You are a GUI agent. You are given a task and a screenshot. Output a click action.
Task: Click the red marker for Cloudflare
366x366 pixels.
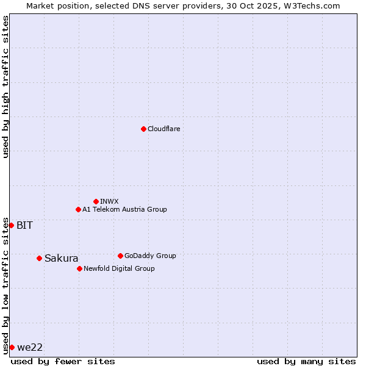pos(143,129)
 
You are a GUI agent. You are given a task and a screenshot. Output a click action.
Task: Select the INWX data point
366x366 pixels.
pos(96,201)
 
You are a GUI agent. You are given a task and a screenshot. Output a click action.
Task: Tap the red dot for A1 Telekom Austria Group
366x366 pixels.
pos(78,209)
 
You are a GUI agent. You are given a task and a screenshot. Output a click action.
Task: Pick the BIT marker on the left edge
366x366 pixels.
pos(11,225)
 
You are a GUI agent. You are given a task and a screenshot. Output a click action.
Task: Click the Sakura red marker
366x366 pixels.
pos(39,258)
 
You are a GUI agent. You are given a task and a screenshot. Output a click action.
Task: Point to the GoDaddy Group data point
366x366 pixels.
pos(120,256)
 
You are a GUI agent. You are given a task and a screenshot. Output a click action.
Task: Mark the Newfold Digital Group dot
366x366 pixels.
pos(79,268)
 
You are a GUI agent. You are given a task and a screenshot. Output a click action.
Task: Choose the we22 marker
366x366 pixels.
pos(12,347)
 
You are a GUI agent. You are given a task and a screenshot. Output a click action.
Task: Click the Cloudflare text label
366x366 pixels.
pos(163,129)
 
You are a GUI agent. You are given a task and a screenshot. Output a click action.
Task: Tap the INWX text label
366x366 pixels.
pos(109,201)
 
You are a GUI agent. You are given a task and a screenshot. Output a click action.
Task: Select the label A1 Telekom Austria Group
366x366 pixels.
pos(124,209)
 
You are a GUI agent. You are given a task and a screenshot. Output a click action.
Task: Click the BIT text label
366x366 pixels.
pos(24,225)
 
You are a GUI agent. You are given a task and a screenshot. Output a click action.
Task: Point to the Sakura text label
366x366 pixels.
pos(61,258)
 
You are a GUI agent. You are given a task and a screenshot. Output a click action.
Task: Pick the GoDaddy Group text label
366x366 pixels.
pos(150,256)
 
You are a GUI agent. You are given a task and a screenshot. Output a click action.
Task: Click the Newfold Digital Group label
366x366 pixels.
pos(119,268)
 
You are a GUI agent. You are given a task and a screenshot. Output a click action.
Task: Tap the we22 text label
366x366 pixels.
pos(30,347)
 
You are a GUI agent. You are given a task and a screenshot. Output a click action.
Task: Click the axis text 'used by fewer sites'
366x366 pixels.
pos(63,361)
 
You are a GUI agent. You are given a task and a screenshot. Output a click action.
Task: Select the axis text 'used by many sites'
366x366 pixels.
pos(306,361)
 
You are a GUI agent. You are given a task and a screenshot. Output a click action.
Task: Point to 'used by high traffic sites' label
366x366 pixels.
pos(5,87)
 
